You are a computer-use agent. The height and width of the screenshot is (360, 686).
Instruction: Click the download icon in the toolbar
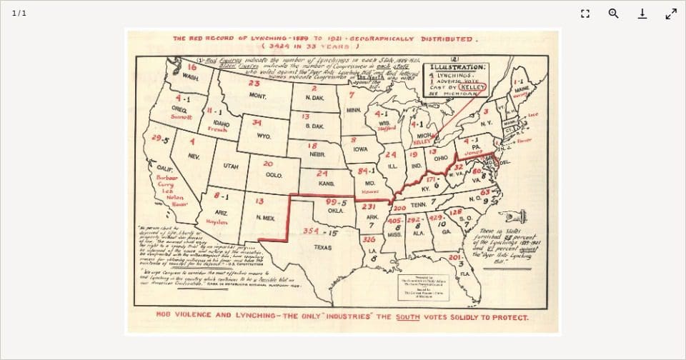642,14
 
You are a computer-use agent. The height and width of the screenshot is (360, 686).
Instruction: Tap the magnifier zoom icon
613,14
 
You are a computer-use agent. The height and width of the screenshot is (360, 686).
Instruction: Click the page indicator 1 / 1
19,14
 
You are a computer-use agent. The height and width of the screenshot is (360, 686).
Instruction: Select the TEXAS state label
322,247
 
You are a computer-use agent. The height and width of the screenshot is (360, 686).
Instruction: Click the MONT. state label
257,96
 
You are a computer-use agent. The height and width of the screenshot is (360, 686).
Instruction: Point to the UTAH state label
231,166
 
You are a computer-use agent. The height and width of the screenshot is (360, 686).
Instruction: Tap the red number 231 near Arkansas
369,206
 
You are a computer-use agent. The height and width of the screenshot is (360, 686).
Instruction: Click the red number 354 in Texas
310,231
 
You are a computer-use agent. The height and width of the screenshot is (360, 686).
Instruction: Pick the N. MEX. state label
265,217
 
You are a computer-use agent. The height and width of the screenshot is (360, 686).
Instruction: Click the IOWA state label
361,149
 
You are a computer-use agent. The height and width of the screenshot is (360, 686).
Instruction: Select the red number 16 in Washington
192,66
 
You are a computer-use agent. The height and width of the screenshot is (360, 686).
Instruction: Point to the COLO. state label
274,174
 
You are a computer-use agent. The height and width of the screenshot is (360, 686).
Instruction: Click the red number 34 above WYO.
257,123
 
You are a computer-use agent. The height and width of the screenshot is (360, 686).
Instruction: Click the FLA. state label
464,274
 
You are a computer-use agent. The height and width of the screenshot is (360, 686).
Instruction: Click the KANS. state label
327,184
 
